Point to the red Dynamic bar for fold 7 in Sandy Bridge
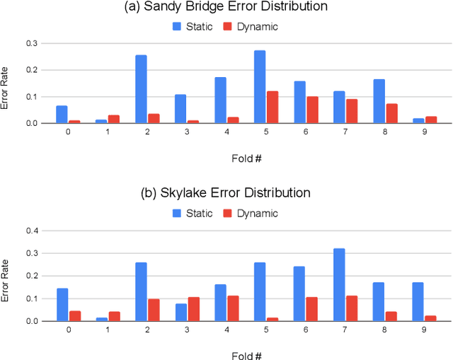(x=352, y=111)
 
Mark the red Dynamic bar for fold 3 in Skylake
(x=193, y=309)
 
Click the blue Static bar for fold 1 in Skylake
(x=101, y=318)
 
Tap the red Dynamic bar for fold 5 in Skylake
(x=273, y=319)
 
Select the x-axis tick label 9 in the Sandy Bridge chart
(x=425, y=132)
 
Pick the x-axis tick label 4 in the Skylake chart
(x=226, y=330)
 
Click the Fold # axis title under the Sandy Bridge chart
(x=246, y=156)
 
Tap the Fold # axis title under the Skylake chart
(x=246, y=354)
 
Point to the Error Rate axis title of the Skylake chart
(x=6, y=282)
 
